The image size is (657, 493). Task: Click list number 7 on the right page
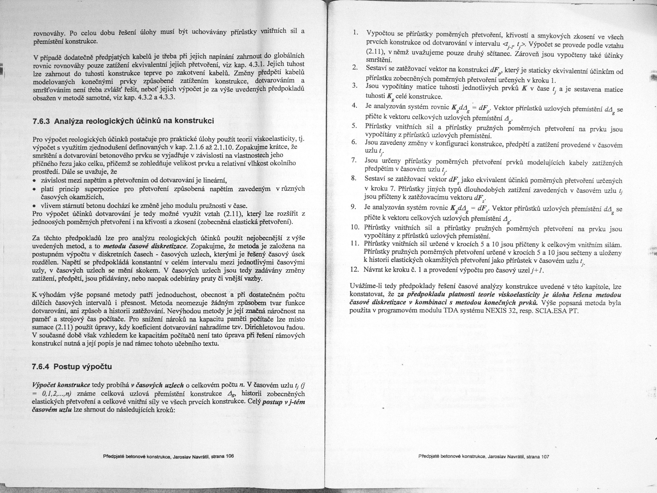[x=353, y=160]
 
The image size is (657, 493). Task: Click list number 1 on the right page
[x=355, y=32]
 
